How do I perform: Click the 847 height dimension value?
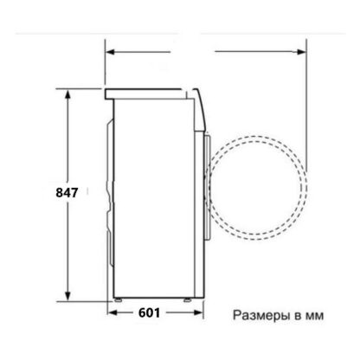pos(67,192)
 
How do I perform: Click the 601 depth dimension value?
pos(149,312)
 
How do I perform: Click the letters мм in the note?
pos(314,317)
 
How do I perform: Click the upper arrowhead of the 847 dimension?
pos(67,94)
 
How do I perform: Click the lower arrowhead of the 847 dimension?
pos(67,296)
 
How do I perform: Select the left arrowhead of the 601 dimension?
pos(112,312)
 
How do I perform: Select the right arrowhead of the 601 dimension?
pos(199,312)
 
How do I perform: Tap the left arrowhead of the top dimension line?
pos(111,52)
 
